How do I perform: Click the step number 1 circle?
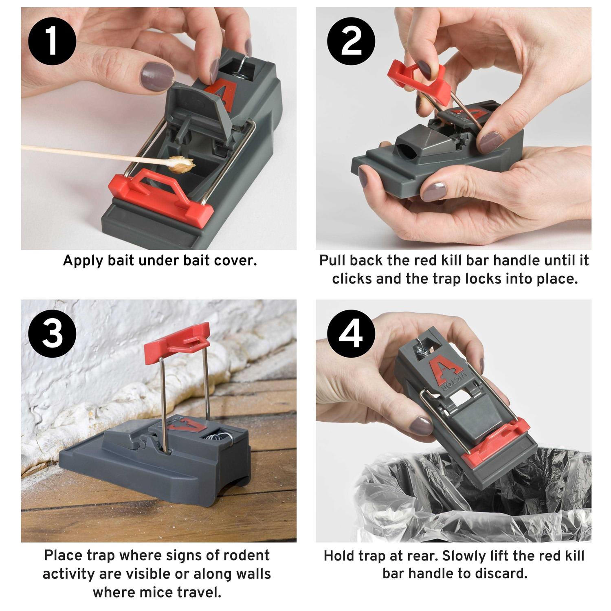(52, 41)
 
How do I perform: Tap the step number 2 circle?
(351, 41)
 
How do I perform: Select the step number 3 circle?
(52, 334)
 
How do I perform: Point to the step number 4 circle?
(351, 334)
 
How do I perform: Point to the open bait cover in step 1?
(196, 104)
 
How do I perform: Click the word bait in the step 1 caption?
(121, 261)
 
